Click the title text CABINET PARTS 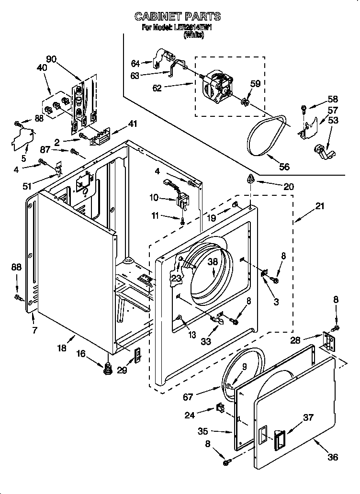(177, 16)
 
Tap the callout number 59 (255, 83)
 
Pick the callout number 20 (289, 187)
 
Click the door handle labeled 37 (279, 439)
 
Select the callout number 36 (333, 457)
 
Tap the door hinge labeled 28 (328, 341)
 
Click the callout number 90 (51, 59)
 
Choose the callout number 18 (62, 349)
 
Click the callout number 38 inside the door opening (213, 262)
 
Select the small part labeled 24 (221, 408)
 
